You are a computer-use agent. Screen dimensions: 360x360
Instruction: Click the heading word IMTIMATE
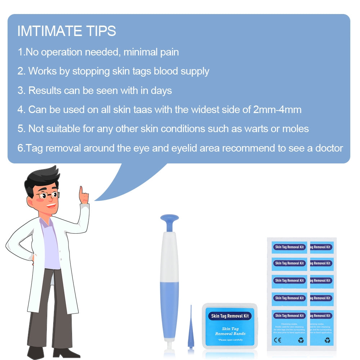point(45,31)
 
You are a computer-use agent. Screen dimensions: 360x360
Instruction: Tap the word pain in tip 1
point(169,52)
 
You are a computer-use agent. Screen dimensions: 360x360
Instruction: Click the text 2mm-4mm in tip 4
point(277,109)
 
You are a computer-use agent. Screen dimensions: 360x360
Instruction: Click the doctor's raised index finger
point(82,191)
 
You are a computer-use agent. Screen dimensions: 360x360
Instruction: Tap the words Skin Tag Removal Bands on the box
point(230,331)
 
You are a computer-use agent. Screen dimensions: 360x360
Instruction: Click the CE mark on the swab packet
point(278,340)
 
